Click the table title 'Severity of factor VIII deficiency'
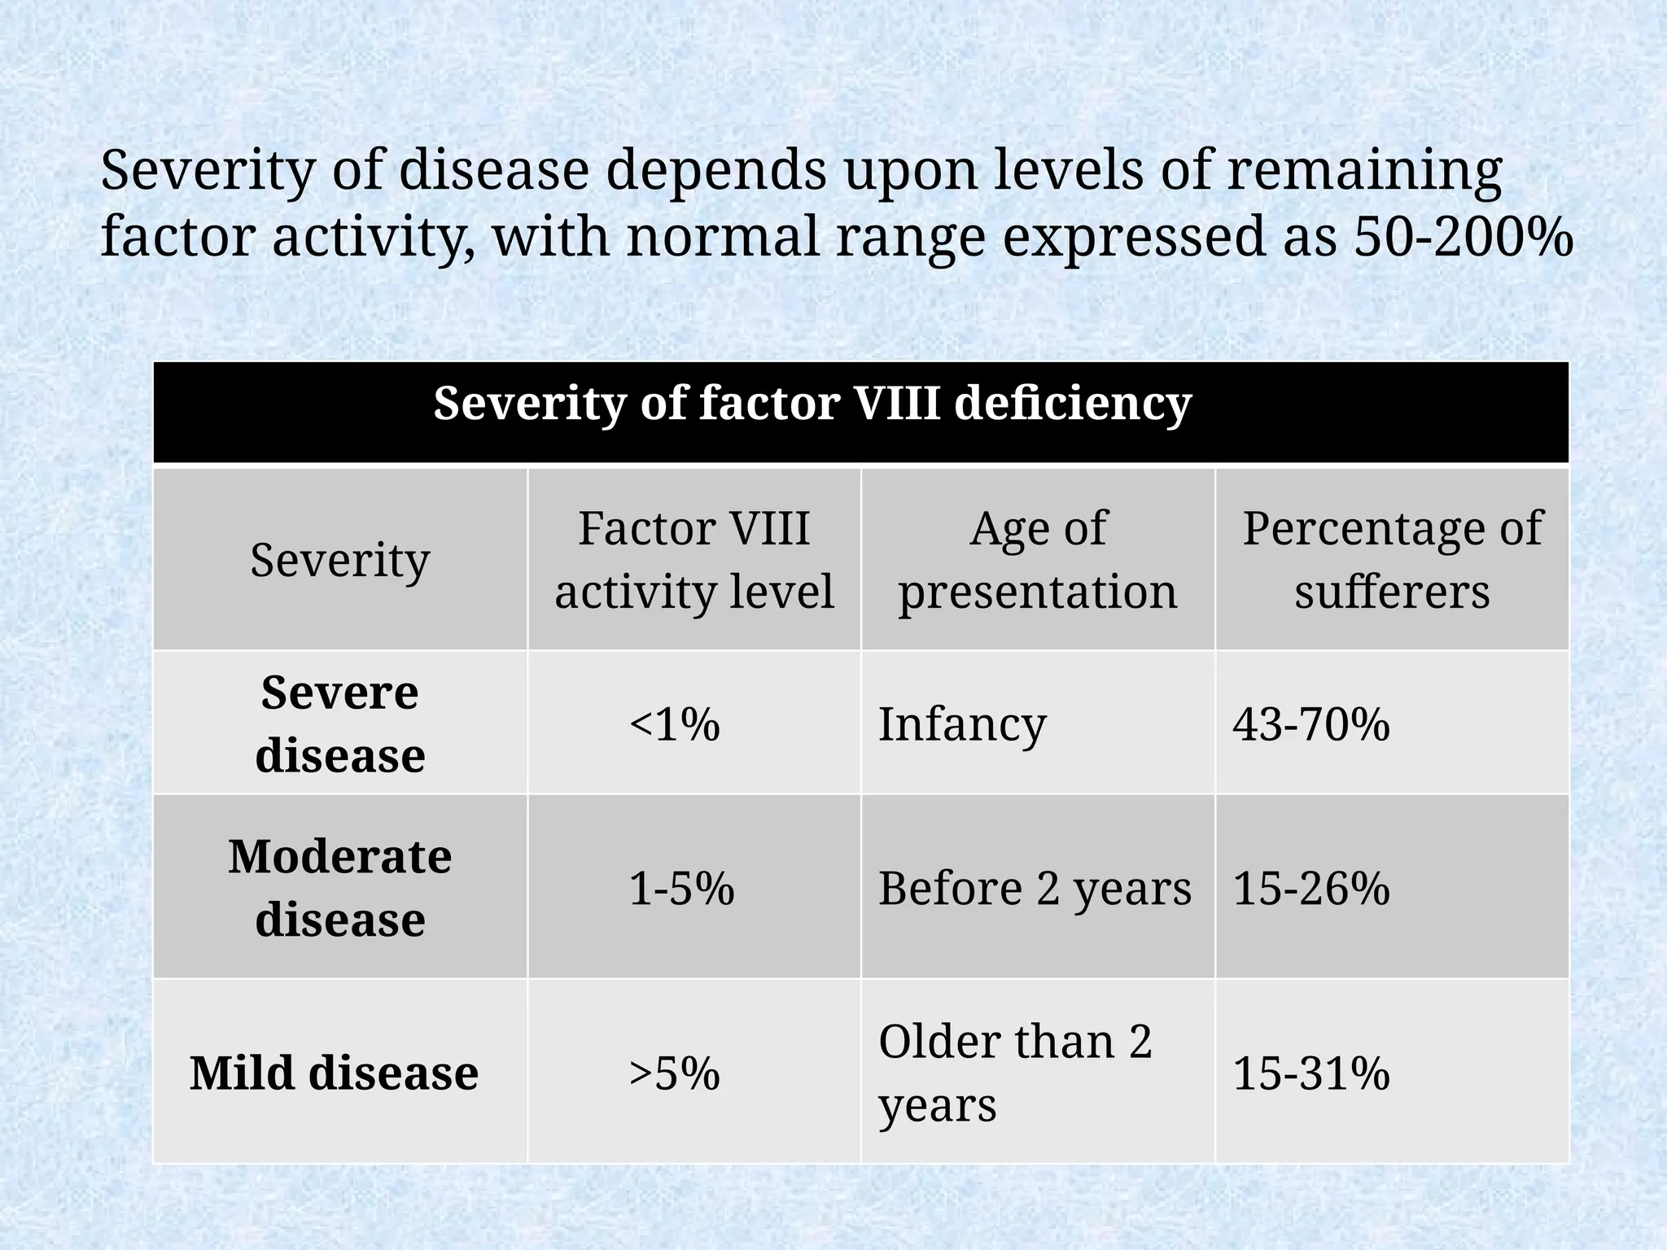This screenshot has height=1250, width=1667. tap(812, 404)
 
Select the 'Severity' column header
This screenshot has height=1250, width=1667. tap(339, 560)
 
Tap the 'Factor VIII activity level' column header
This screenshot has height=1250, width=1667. tap(693, 560)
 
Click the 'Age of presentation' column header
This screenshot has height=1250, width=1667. tap(1038, 560)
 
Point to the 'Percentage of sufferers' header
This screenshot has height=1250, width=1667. tap(1392, 560)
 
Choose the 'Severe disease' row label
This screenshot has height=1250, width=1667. tap(339, 723)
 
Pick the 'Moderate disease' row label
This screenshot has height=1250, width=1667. tap(339, 887)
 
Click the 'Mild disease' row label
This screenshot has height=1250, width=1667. tap(334, 1073)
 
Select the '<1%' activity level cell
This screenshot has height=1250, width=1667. tap(674, 723)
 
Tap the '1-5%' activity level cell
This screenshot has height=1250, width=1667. tap(681, 888)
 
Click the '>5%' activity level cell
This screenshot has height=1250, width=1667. tap(674, 1073)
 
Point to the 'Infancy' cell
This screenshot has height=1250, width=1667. tap(962, 723)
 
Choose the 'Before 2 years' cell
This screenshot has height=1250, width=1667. tap(1035, 888)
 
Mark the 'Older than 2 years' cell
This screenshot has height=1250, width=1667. tap(1015, 1073)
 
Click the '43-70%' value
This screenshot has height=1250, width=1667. tap(1310, 723)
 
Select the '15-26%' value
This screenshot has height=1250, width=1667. tap(1310, 888)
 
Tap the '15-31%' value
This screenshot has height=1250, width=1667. tap(1310, 1073)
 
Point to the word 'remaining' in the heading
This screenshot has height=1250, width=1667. tap(1363, 173)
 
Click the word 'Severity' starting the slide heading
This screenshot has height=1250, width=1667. tap(208, 173)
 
